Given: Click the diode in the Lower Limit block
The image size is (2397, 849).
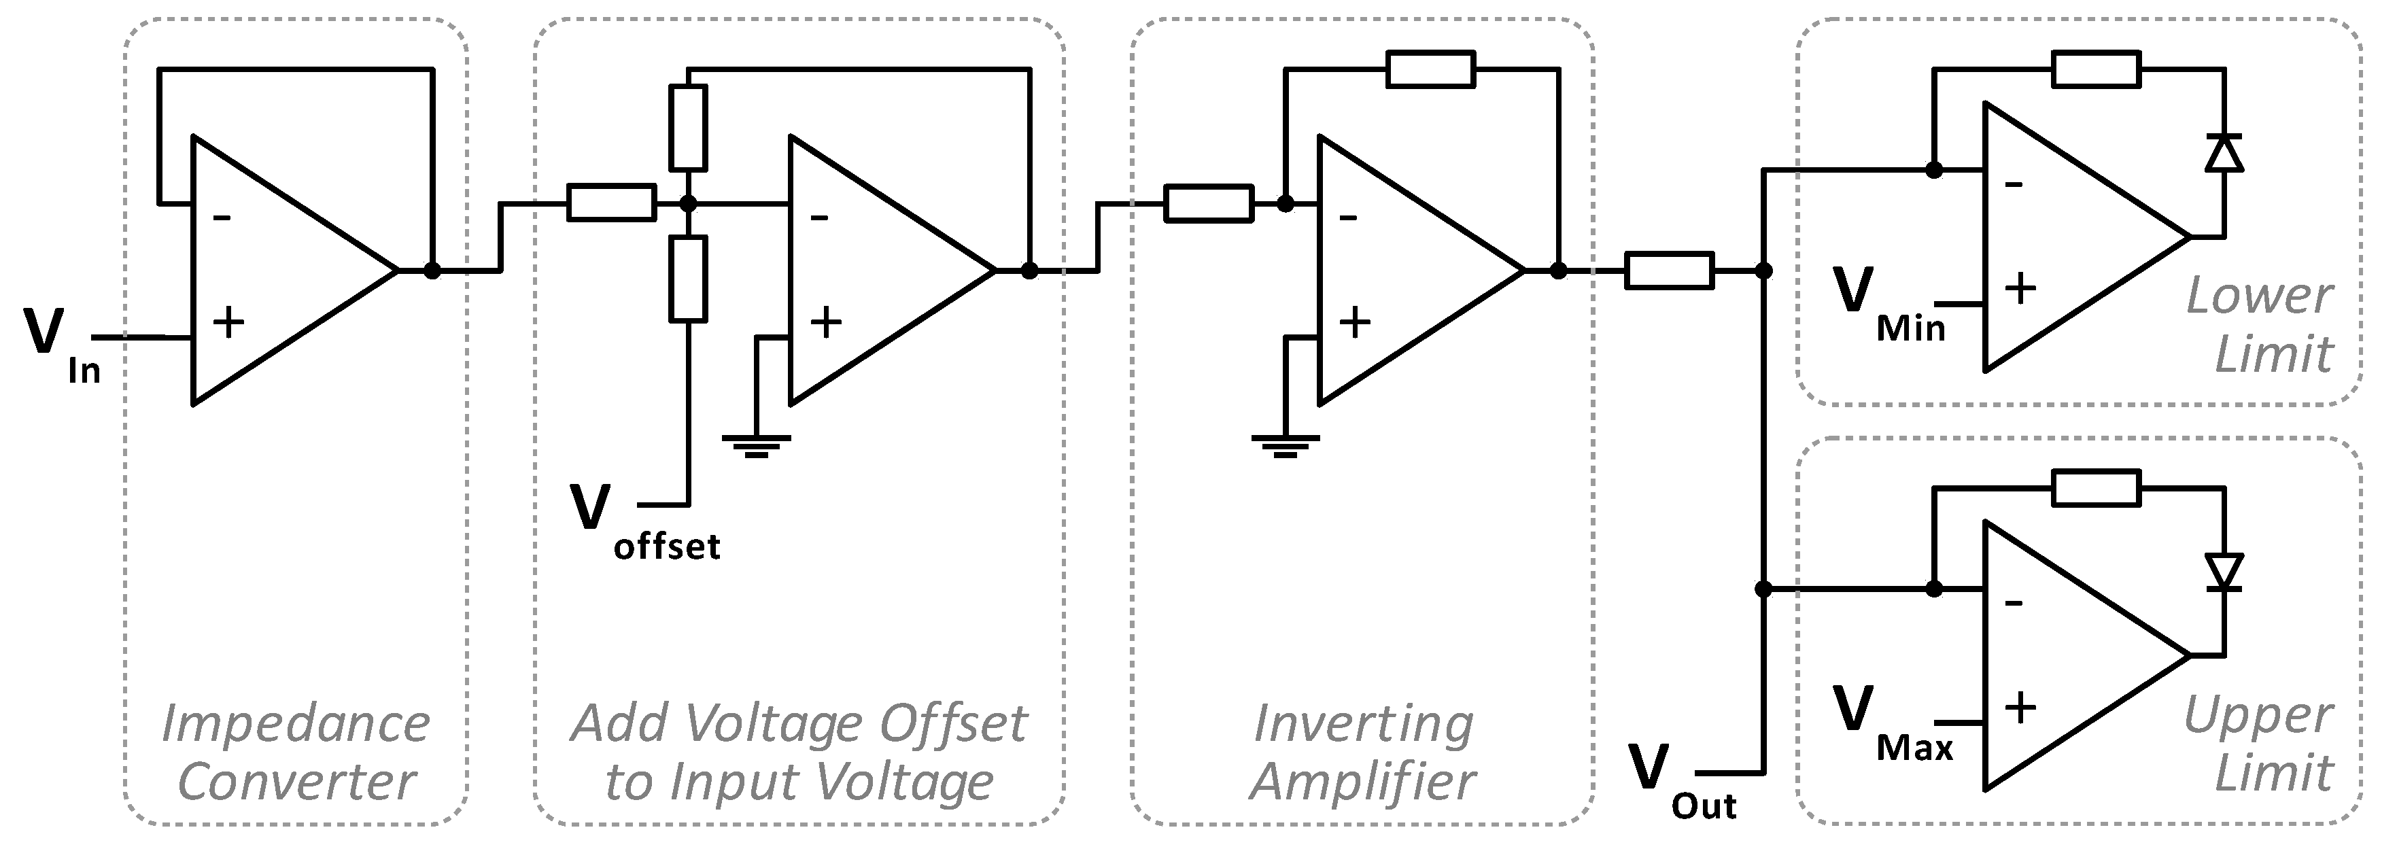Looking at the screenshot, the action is (2225, 153).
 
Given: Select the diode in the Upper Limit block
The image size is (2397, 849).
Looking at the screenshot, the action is (2225, 572).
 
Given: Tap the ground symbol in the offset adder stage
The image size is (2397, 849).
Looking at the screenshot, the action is (757, 447).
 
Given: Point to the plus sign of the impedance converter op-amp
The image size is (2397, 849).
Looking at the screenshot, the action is (228, 322).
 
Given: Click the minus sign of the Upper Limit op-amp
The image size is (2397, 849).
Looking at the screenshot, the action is (2014, 603).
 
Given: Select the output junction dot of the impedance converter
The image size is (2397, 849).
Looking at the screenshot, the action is (432, 271).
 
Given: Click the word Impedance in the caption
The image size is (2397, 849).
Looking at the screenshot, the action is (296, 723).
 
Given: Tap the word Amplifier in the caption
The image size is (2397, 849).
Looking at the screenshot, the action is (1363, 780).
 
